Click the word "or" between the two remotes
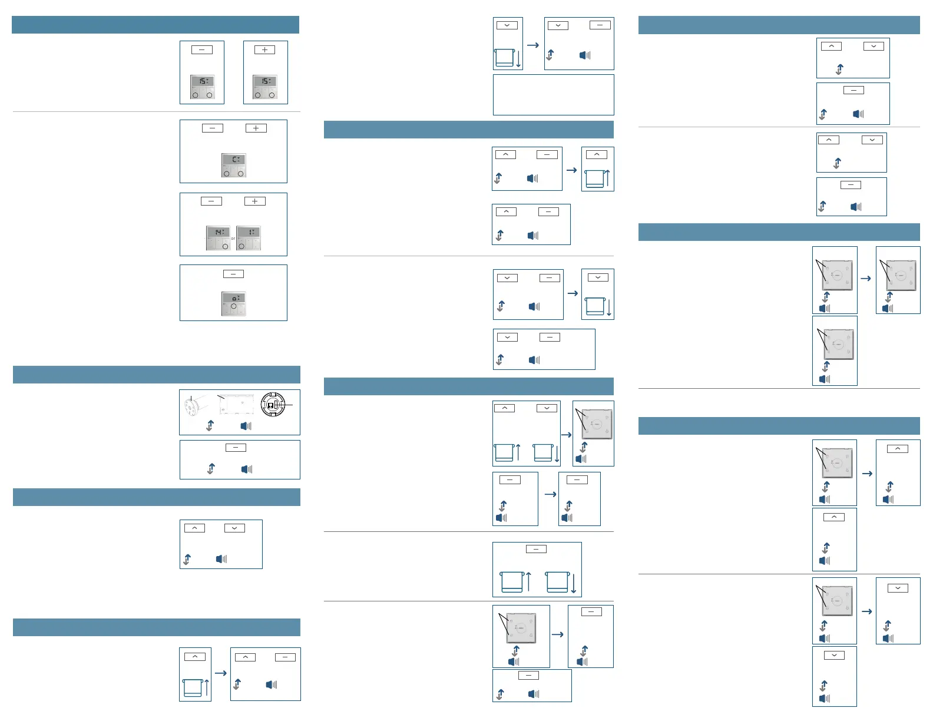coord(233,239)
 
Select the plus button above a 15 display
coord(264,50)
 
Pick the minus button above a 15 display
coord(201,50)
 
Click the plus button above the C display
coord(256,128)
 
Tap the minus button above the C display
coord(212,128)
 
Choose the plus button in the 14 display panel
coord(254,201)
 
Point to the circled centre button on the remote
coord(234,306)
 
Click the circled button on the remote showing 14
coord(225,246)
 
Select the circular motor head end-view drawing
coord(273,405)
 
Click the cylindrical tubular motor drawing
coord(194,405)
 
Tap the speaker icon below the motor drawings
coord(246,426)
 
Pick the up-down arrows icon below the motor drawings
coord(210,426)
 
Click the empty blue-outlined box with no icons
coord(553,95)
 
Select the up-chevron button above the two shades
coord(504,408)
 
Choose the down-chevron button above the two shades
coord(547,408)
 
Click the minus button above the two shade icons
coord(536,549)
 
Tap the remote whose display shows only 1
coord(248,238)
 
